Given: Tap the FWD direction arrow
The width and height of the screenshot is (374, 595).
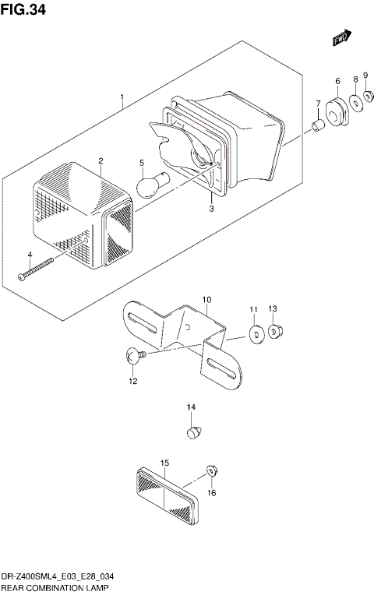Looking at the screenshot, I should point(341,37).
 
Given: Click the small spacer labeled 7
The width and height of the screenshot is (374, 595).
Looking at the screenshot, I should point(318,125).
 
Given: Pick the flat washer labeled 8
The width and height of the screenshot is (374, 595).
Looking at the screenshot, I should point(355,100).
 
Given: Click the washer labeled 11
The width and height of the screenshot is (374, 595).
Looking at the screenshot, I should point(253,335).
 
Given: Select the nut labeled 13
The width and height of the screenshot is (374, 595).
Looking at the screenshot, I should point(274,333).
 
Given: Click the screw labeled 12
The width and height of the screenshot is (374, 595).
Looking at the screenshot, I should point(133,357).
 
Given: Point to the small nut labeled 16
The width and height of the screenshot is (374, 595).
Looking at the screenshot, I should point(210,470).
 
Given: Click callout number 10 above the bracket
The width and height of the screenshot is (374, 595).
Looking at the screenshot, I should point(206,300).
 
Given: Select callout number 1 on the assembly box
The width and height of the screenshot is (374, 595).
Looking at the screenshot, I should point(122,99).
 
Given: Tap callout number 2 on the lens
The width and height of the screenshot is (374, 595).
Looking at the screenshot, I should point(101,160).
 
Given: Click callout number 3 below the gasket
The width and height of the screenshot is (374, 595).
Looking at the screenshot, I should point(210,209).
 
